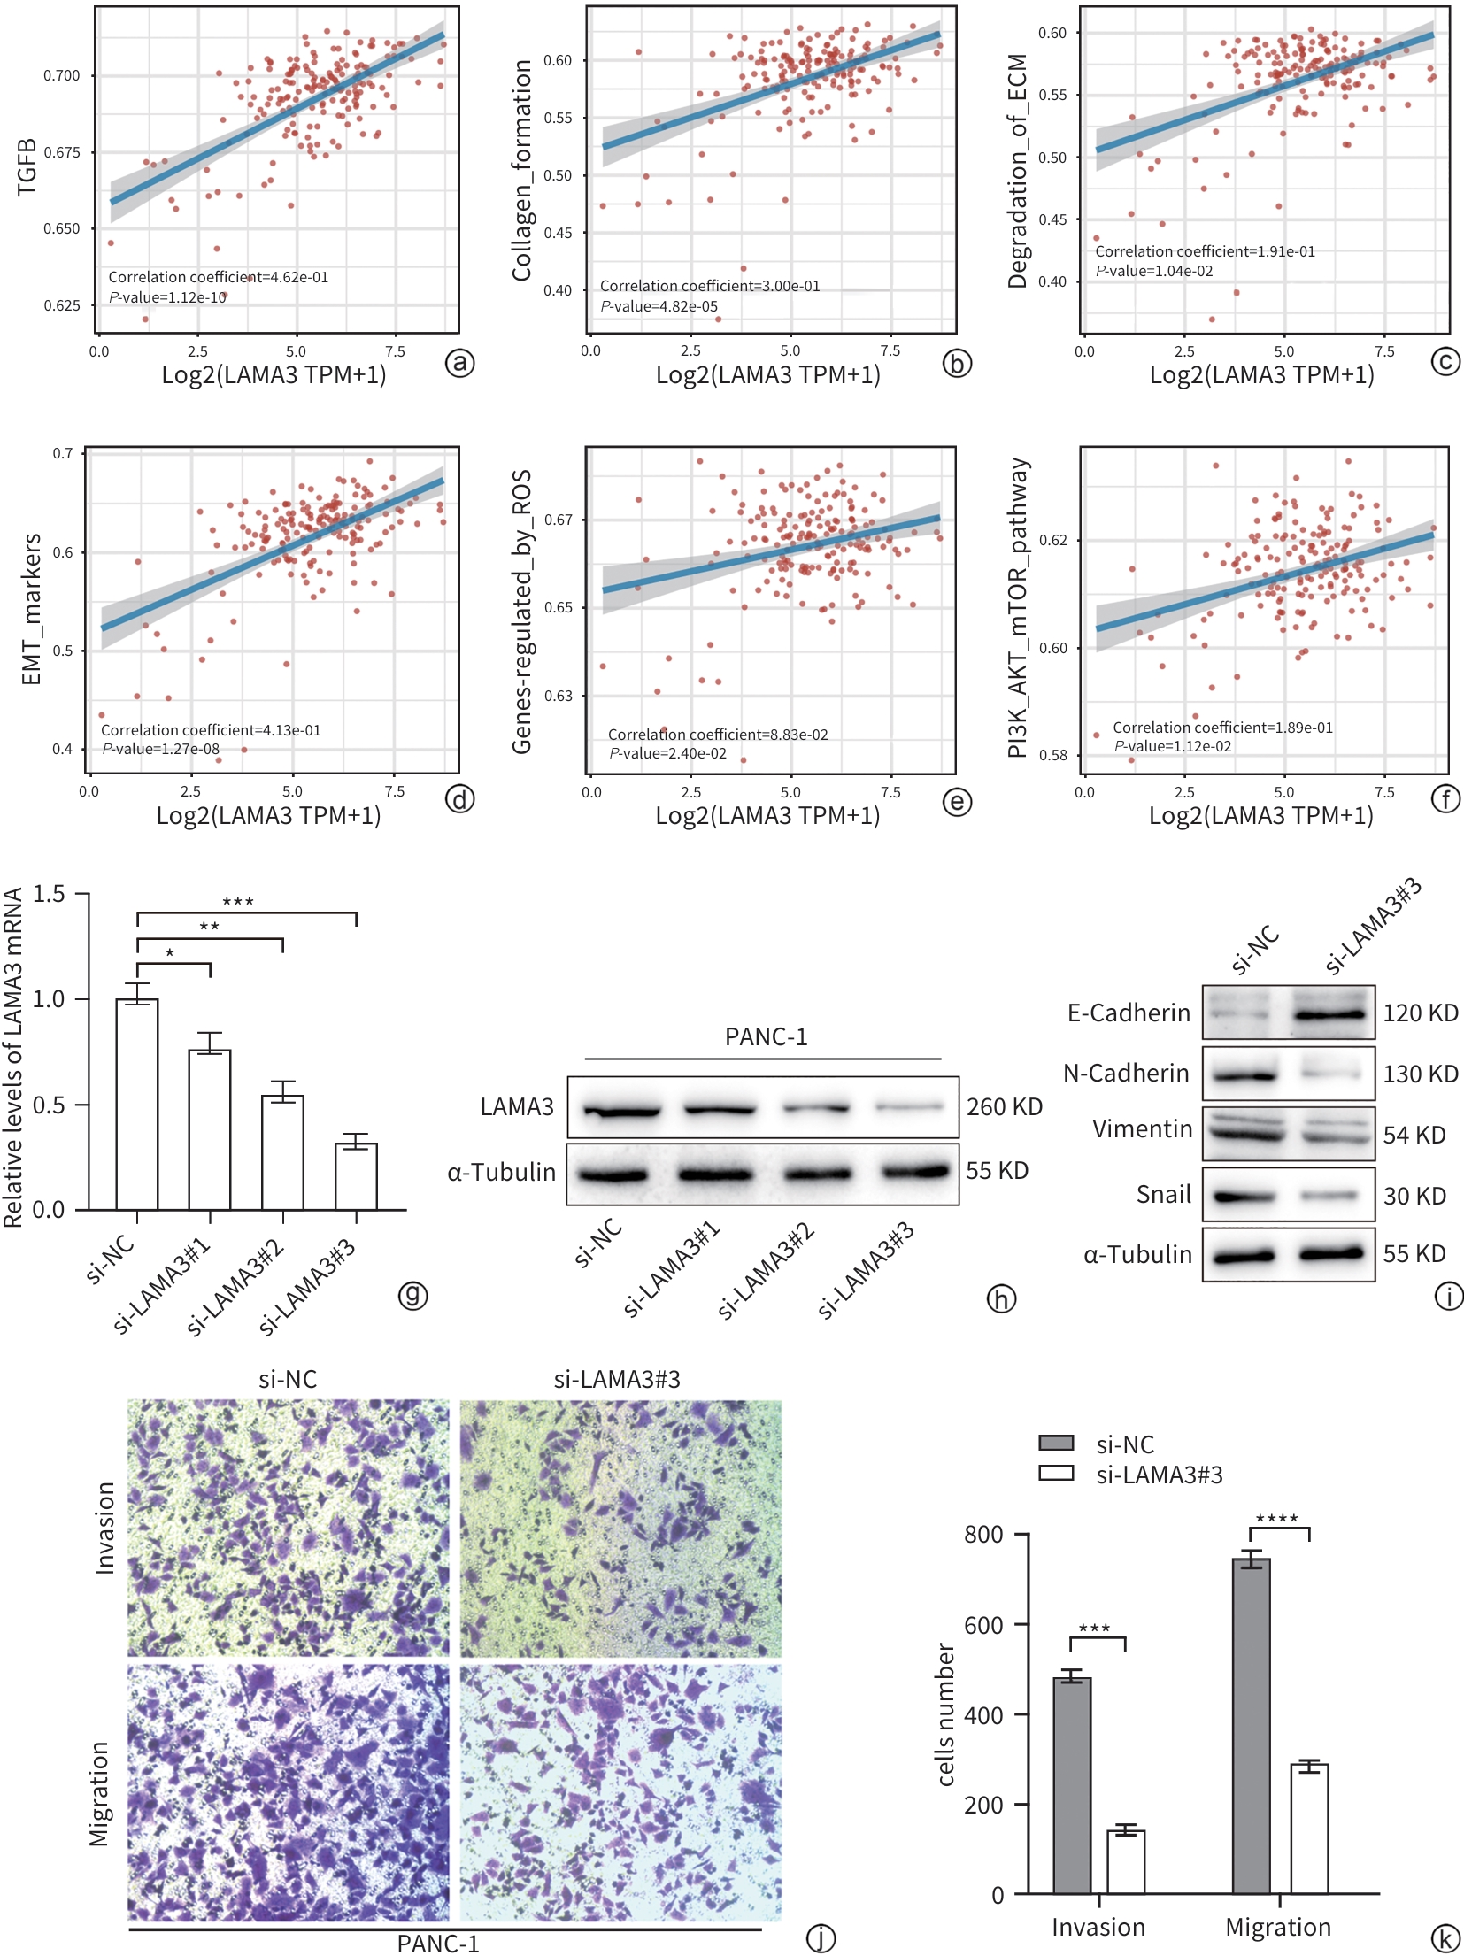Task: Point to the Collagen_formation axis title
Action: coord(521,170)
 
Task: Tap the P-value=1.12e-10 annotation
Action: coord(168,297)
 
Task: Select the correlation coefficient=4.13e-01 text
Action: coord(211,730)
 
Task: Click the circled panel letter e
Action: coord(958,802)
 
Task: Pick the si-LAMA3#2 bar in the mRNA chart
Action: coord(282,1151)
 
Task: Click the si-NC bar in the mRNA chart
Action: coord(137,1104)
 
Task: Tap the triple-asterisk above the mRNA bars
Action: coord(238,902)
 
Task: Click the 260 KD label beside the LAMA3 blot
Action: coord(1004,1106)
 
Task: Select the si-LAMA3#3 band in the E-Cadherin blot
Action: coord(1330,1014)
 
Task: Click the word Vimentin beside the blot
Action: coord(1142,1129)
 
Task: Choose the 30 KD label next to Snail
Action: coord(1414,1196)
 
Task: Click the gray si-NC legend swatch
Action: coord(1056,1444)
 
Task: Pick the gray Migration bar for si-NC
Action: coord(1251,1726)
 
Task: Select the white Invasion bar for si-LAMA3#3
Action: coord(1126,1861)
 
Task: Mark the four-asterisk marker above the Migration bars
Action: coord(1276,1519)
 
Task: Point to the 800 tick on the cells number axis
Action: coord(983,1534)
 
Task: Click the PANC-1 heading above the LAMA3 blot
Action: coord(766,1036)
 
